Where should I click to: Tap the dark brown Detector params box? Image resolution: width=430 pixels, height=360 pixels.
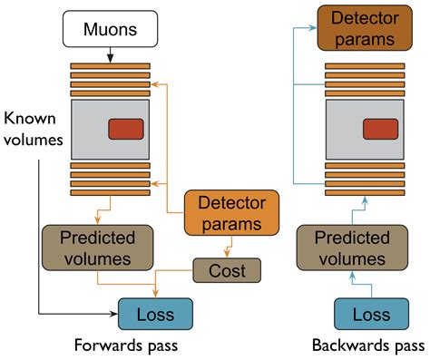coord(363,28)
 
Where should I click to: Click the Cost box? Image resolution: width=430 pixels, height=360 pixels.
coord(226,269)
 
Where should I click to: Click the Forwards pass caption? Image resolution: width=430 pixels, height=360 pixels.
coord(128,345)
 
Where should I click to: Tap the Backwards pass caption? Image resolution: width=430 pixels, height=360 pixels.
coord(367,345)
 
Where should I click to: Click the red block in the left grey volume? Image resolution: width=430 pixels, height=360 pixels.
coord(127,129)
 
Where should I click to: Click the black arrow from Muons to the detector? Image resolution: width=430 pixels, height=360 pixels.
coord(110,56)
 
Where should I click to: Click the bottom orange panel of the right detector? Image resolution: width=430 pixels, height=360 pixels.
coord(363,191)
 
